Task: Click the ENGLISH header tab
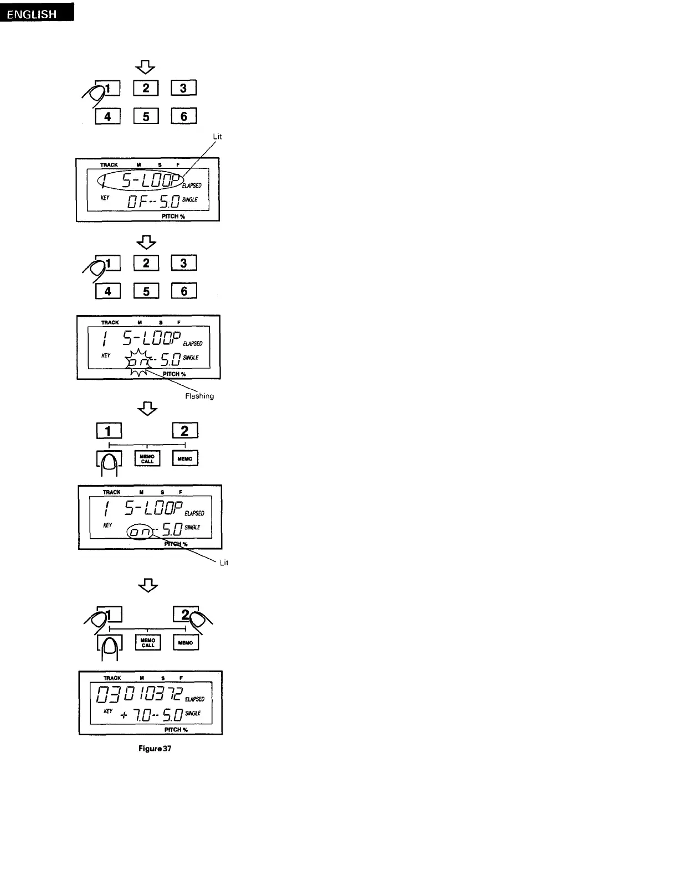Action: [x=37, y=13]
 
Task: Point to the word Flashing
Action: [x=199, y=396]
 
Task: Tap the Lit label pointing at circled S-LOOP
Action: [x=217, y=137]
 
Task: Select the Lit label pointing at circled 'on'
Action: [x=224, y=563]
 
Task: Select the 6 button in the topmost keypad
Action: [x=184, y=116]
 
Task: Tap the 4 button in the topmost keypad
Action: [x=107, y=116]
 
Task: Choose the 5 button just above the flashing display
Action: [x=146, y=291]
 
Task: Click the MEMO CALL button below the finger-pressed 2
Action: [x=148, y=642]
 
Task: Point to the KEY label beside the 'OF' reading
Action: [x=105, y=198]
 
